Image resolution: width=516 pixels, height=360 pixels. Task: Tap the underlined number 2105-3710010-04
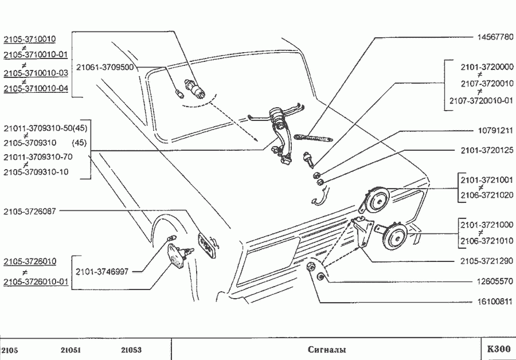point(36,88)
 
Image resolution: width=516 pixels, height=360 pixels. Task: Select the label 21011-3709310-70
point(39,156)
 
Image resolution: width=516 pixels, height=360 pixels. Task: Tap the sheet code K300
point(498,349)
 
